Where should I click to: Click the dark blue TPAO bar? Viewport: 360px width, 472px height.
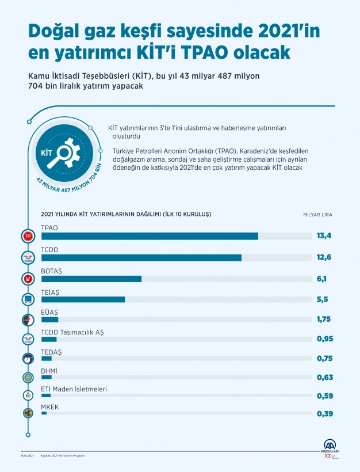[x=150, y=235]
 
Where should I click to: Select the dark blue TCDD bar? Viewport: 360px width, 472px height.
[x=141, y=257]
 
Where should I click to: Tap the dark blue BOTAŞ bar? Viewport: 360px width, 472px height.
[x=91, y=279]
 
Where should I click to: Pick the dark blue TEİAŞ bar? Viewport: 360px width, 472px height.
[x=83, y=299]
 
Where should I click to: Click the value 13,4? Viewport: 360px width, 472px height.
[x=324, y=235]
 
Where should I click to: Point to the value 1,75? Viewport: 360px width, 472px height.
[x=324, y=319]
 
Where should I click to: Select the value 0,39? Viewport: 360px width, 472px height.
[x=325, y=413]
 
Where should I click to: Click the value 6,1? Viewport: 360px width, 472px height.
[x=321, y=279]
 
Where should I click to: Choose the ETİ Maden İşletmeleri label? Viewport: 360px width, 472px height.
[x=74, y=389]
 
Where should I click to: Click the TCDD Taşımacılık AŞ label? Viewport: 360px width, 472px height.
[x=72, y=332]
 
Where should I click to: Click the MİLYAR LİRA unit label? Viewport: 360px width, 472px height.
[x=317, y=214]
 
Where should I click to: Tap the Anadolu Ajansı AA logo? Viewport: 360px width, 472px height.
[x=330, y=447]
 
